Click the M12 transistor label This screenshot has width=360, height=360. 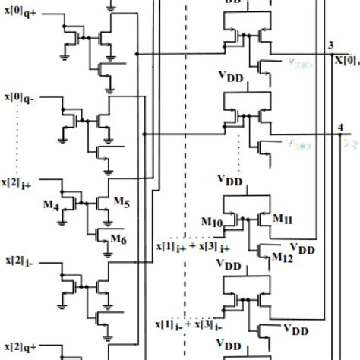283,257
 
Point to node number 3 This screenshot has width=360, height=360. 328,46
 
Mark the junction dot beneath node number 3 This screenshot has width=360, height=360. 328,54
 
